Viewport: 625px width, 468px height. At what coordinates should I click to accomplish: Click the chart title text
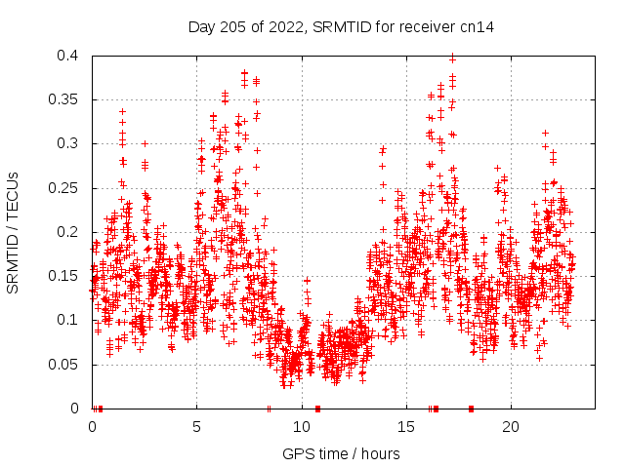click(x=341, y=27)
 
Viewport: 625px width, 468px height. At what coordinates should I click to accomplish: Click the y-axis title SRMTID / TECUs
click(x=13, y=232)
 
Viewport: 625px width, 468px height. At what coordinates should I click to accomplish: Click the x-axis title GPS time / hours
click(x=341, y=453)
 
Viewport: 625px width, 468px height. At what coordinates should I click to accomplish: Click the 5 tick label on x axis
click(x=196, y=427)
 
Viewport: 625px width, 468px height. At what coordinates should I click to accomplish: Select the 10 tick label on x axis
click(x=301, y=427)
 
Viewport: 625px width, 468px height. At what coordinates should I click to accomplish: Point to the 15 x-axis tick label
click(x=405, y=427)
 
